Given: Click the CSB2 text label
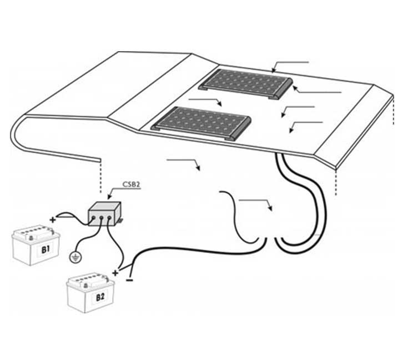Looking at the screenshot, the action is [x=132, y=184].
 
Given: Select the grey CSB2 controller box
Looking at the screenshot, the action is [x=104, y=214].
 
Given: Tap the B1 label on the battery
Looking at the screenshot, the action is [x=46, y=249].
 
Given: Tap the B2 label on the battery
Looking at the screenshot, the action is [x=100, y=297].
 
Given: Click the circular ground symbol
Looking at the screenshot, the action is [x=75, y=257].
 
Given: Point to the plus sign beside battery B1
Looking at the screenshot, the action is [x=53, y=220].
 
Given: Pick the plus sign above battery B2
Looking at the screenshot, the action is [x=115, y=273].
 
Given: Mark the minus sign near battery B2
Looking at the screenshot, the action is [x=130, y=280].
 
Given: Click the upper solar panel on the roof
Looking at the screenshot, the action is [x=245, y=84].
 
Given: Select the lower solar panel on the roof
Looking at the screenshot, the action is [x=201, y=123].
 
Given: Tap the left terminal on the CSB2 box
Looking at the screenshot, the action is [x=93, y=218].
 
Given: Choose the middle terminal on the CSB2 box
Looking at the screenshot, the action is [x=101, y=218].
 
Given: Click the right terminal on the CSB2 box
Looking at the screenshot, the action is [x=109, y=218].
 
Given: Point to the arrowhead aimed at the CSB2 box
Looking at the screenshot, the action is [x=109, y=197].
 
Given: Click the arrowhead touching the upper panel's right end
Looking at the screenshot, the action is [x=295, y=88].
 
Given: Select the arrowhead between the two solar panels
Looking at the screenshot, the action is [x=219, y=103].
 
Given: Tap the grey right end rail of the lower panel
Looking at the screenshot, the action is [x=241, y=128].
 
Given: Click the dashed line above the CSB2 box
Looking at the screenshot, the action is [x=100, y=176].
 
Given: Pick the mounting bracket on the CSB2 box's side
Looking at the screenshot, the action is [x=120, y=221].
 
